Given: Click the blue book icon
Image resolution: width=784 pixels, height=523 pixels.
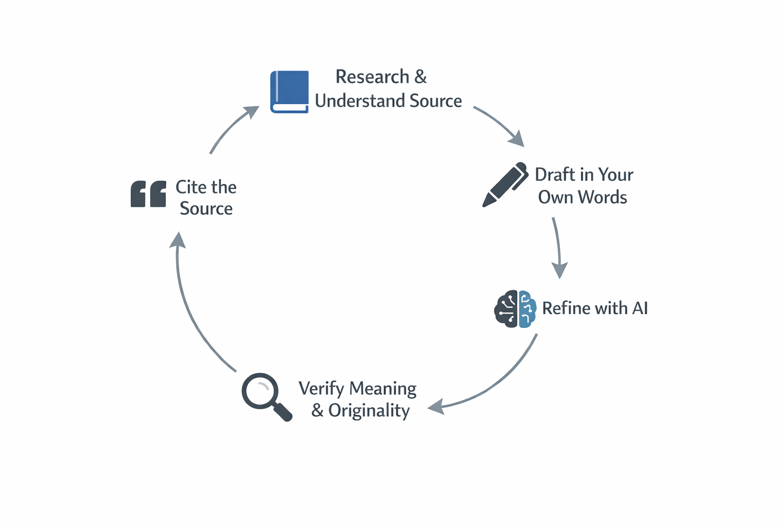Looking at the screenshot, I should click(289, 91).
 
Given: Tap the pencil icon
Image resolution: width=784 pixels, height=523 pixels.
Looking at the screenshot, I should click(505, 184).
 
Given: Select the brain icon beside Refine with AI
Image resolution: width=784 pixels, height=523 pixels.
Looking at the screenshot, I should click(515, 308).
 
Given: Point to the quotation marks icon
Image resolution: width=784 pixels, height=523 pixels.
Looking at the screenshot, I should click(148, 194).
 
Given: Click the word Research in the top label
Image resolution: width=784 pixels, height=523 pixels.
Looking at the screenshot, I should click(372, 77).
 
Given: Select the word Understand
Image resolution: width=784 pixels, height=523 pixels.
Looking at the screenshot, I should click(360, 101).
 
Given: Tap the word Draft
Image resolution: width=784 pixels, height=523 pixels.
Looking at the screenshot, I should click(555, 175).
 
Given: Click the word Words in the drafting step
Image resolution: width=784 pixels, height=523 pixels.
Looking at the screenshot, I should click(603, 197).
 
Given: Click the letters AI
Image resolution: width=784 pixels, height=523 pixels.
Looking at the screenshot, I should click(640, 308).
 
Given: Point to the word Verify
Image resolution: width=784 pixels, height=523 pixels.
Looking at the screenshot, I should click(321, 389).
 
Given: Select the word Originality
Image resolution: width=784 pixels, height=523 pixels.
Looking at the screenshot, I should click(369, 411).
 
